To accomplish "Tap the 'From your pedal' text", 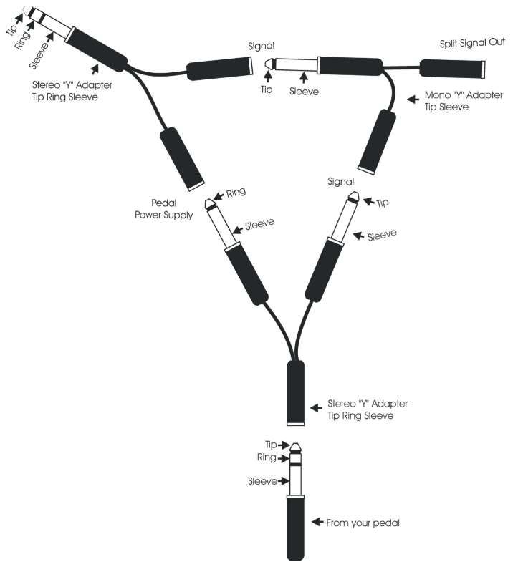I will point(363,523).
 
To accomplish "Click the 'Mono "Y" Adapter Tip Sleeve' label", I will point(456,101).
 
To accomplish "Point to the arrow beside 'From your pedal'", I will point(316,523).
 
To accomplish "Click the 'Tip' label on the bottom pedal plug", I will point(271,445).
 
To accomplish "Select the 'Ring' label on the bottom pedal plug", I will point(267,457).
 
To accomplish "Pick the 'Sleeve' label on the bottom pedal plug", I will point(263,481).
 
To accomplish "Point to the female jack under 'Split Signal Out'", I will point(453,69).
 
